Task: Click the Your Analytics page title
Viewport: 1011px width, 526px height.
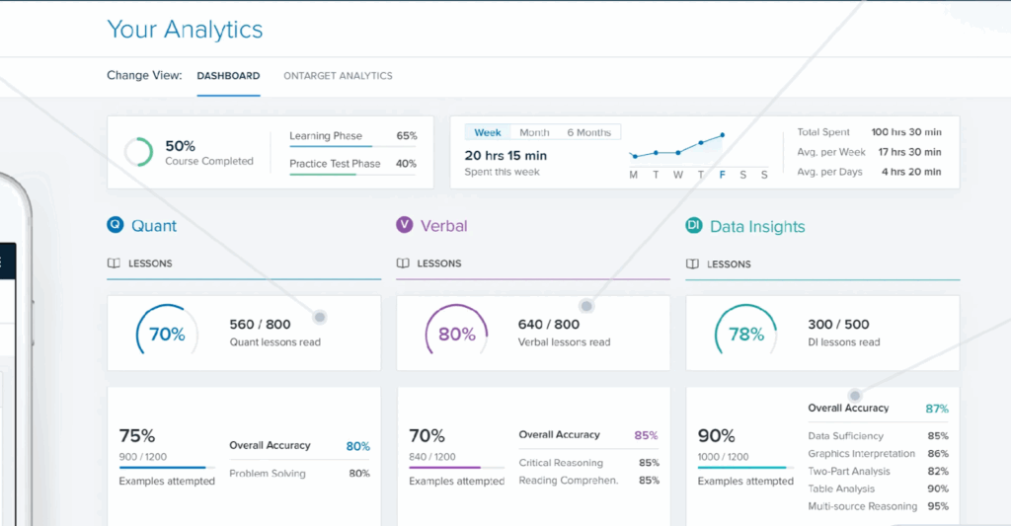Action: pyautogui.click(x=185, y=30)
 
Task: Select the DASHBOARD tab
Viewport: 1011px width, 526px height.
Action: pyautogui.click(x=228, y=76)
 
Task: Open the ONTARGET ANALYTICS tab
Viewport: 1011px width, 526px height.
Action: pyautogui.click(x=338, y=76)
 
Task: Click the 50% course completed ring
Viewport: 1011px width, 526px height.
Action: pyautogui.click(x=138, y=152)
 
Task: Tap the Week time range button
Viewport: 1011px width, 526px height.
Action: pyautogui.click(x=488, y=132)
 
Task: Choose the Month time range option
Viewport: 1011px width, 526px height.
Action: pyautogui.click(x=534, y=132)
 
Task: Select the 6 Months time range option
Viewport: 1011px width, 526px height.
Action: pyautogui.click(x=588, y=132)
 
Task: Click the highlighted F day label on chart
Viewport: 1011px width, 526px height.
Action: pyautogui.click(x=723, y=175)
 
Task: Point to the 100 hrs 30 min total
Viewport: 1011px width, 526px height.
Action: pyautogui.click(x=905, y=132)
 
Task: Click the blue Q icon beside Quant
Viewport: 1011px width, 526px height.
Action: pyautogui.click(x=116, y=225)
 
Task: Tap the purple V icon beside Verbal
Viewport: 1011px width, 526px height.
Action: pyautogui.click(x=404, y=225)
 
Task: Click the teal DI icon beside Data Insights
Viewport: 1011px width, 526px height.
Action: pyautogui.click(x=694, y=226)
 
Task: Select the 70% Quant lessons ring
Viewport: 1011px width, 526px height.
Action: pyautogui.click(x=166, y=334)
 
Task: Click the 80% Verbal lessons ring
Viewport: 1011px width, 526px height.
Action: pyautogui.click(x=456, y=334)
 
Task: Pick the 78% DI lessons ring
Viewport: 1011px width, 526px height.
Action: pyautogui.click(x=745, y=334)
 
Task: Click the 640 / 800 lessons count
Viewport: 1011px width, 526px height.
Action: pyautogui.click(x=549, y=324)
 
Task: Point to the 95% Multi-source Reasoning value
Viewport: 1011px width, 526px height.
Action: pyautogui.click(x=937, y=506)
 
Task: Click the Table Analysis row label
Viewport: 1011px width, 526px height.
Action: pyautogui.click(x=841, y=488)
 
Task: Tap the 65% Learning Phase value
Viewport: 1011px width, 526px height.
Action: pyautogui.click(x=406, y=136)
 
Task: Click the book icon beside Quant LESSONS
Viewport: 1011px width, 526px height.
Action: pyautogui.click(x=114, y=263)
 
